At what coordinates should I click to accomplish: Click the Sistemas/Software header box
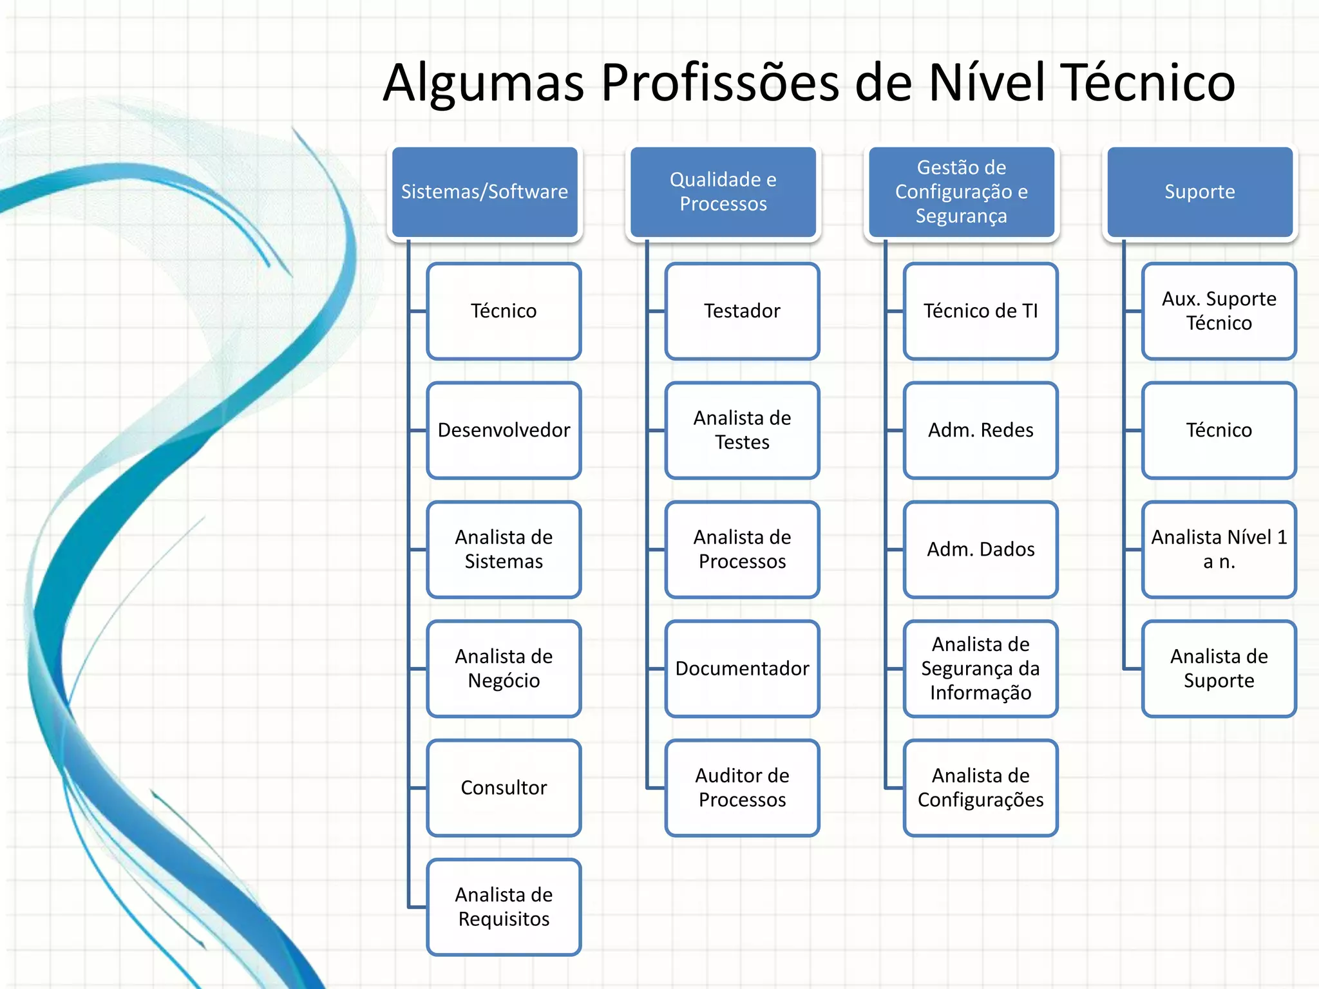[484, 192]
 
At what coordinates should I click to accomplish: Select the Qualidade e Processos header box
[723, 192]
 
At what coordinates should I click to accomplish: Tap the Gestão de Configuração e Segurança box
[961, 192]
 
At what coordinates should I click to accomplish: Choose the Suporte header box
[1199, 192]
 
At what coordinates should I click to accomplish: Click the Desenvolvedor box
[504, 430]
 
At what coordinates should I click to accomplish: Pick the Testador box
[742, 311]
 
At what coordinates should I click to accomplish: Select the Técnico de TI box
[980, 311]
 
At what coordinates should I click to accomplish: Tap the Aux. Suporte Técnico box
[1219, 311]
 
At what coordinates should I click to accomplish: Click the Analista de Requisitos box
[504, 907]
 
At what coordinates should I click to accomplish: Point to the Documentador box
[742, 668]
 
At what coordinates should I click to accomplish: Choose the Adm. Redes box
[980, 430]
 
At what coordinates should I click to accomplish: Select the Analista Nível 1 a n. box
[1219, 549]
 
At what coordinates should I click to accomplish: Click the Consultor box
[504, 787]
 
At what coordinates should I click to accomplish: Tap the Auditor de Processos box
[742, 787]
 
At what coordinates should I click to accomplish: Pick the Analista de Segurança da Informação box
[980, 668]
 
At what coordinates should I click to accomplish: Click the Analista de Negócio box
[504, 668]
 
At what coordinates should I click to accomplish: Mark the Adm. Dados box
[980, 549]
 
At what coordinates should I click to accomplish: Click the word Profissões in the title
[720, 84]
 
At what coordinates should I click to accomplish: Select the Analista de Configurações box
[980, 787]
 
